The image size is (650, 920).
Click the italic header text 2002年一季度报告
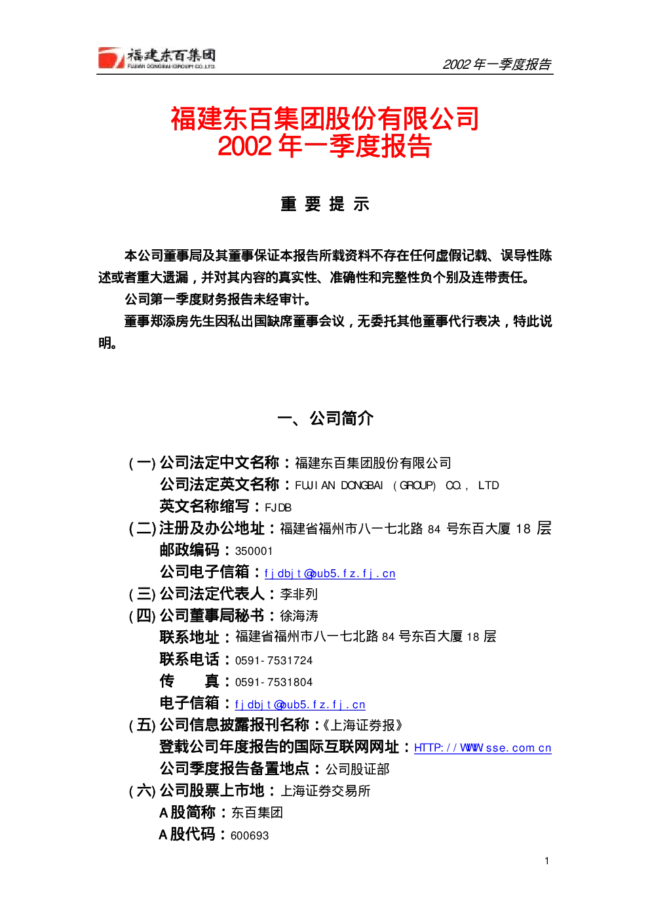tap(497, 64)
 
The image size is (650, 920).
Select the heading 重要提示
tap(324, 204)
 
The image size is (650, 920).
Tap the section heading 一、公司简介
tap(325, 418)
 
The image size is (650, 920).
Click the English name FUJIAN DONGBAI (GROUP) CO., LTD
tap(397, 485)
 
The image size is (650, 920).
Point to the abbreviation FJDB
tap(278, 508)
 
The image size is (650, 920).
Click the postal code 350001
tap(254, 551)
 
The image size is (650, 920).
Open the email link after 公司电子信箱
tap(330, 573)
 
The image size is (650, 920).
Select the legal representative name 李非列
tap(299, 594)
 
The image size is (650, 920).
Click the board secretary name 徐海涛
tap(299, 616)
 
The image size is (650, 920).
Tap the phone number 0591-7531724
tap(274, 660)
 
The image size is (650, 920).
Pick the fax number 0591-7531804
tap(274, 682)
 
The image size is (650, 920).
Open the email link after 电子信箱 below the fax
tap(300, 705)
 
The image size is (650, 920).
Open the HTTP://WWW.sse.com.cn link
tap(482, 748)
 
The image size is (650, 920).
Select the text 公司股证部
tap(357, 769)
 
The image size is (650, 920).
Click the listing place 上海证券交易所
tap(326, 791)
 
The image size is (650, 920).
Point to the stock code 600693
tap(250, 836)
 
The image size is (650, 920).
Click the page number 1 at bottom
tap(546, 861)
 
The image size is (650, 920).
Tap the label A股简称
tap(187, 813)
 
